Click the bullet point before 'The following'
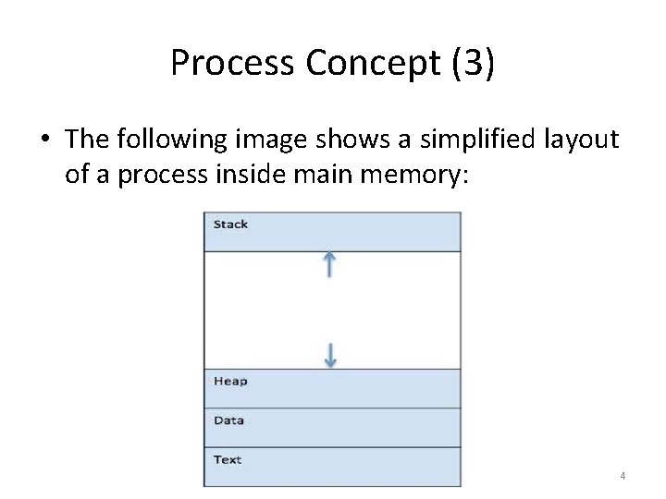pyautogui.click(x=45, y=140)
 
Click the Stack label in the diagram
pyautogui.click(x=230, y=225)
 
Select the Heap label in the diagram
pyautogui.click(x=230, y=381)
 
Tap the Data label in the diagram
pyautogui.click(x=228, y=420)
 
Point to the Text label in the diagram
pyautogui.click(x=228, y=459)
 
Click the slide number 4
pyautogui.click(x=622, y=476)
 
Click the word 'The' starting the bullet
pyautogui.click(x=88, y=140)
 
